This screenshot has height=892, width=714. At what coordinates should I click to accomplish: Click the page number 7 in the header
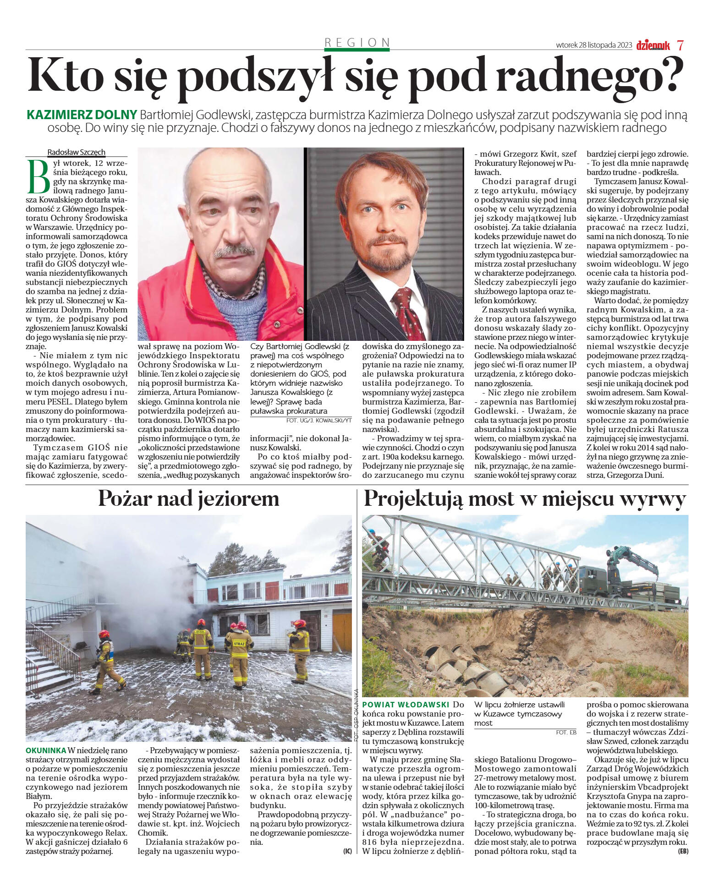coord(681,45)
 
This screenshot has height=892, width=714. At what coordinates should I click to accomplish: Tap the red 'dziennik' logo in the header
coord(653,45)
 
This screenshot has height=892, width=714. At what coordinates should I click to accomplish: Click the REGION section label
coord(357,43)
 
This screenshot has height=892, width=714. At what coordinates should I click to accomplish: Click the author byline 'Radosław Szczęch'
coord(76,152)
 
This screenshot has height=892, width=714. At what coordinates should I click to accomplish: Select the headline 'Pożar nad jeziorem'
coord(188,498)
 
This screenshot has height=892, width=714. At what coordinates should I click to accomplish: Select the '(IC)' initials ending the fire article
coord(347,851)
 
